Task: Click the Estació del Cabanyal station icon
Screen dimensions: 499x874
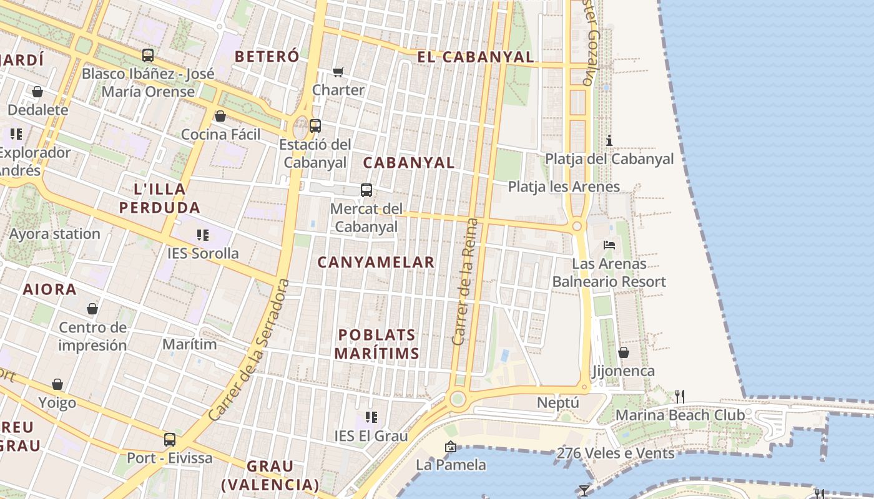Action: coord(315,125)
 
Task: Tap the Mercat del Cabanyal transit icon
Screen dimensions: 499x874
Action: coord(366,190)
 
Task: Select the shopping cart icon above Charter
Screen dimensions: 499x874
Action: coord(338,72)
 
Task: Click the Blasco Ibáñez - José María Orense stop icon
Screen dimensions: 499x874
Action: coord(148,56)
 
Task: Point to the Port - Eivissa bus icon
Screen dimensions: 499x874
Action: coord(170,439)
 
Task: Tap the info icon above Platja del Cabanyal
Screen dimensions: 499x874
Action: coord(609,140)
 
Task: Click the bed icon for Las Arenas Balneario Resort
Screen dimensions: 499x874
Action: coord(609,245)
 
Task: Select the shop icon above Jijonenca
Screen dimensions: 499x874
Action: coord(623,353)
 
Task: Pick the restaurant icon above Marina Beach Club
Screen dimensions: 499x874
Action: coord(680,396)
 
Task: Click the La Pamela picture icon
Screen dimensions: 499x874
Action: coord(450,447)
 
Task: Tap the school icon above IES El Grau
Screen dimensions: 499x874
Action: coord(371,417)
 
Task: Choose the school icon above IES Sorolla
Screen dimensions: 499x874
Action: coord(202,235)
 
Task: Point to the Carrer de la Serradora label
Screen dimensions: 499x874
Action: coord(250,349)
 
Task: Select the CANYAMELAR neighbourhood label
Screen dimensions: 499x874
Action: coord(376,262)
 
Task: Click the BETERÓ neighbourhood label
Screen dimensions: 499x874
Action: coord(267,56)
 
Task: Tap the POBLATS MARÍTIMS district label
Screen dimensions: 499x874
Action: coord(376,344)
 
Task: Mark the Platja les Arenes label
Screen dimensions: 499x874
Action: coord(564,187)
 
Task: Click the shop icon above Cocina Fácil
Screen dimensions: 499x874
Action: coord(220,116)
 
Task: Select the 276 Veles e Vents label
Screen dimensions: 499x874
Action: coord(616,453)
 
